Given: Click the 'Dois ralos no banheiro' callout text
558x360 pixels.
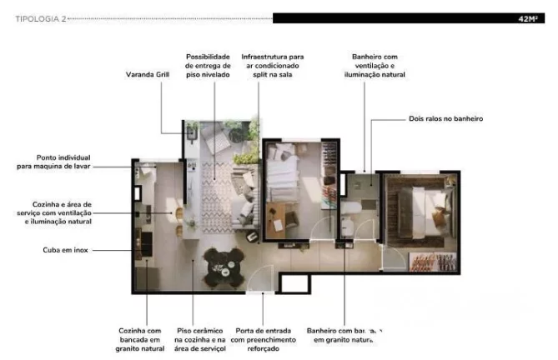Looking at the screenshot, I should coord(445,119).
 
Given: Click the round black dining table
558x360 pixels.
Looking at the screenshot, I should coord(221,266).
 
